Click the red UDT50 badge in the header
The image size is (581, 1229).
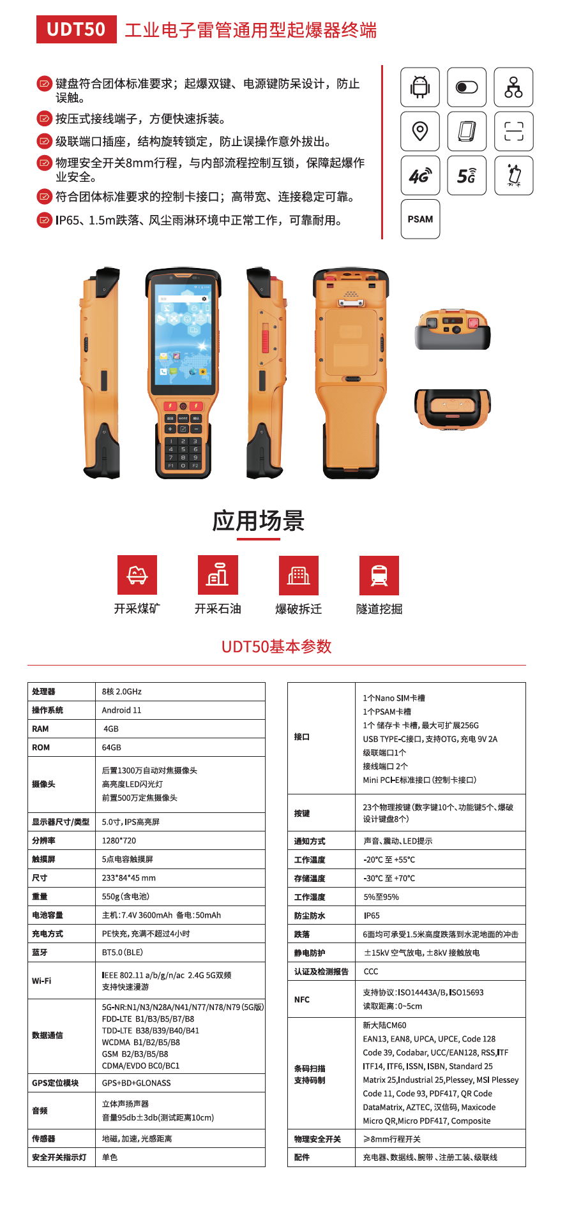tap(77, 29)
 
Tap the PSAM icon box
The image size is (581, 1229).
tap(420, 219)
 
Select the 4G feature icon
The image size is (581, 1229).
tap(420, 175)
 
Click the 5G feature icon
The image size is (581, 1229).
tap(467, 175)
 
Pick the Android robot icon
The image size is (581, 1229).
tap(420, 87)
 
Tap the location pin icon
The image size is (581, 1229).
tap(420, 131)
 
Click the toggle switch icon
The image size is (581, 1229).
tap(467, 87)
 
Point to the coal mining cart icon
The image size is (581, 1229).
tap(137, 575)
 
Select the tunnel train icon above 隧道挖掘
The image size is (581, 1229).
tap(379, 575)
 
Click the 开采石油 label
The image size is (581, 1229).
tap(218, 609)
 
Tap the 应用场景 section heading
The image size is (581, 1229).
tap(258, 521)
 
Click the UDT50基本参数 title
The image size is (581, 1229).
tap(276, 646)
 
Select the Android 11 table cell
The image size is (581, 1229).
tap(121, 710)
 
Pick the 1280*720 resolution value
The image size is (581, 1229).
tap(119, 840)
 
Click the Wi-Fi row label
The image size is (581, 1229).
tap(41, 981)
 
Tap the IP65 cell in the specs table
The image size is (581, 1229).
tap(372, 916)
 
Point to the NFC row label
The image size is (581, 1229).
tap(301, 999)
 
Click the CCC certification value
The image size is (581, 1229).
tap(371, 971)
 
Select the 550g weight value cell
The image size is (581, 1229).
tap(126, 897)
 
